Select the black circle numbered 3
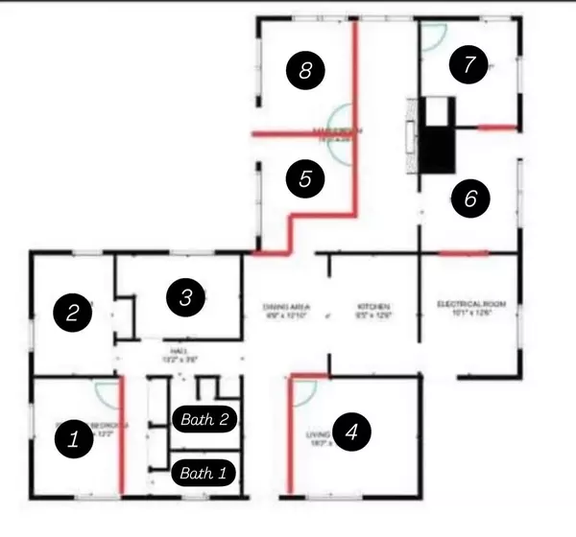tap(182, 297)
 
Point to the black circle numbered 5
tap(305, 178)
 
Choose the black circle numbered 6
tap(470, 198)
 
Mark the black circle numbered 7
tap(468, 65)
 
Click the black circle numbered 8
tap(305, 69)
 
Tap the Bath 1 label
tap(204, 473)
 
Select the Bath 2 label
tap(204, 418)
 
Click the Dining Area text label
tap(284, 310)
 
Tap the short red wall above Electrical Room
tap(463, 254)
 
